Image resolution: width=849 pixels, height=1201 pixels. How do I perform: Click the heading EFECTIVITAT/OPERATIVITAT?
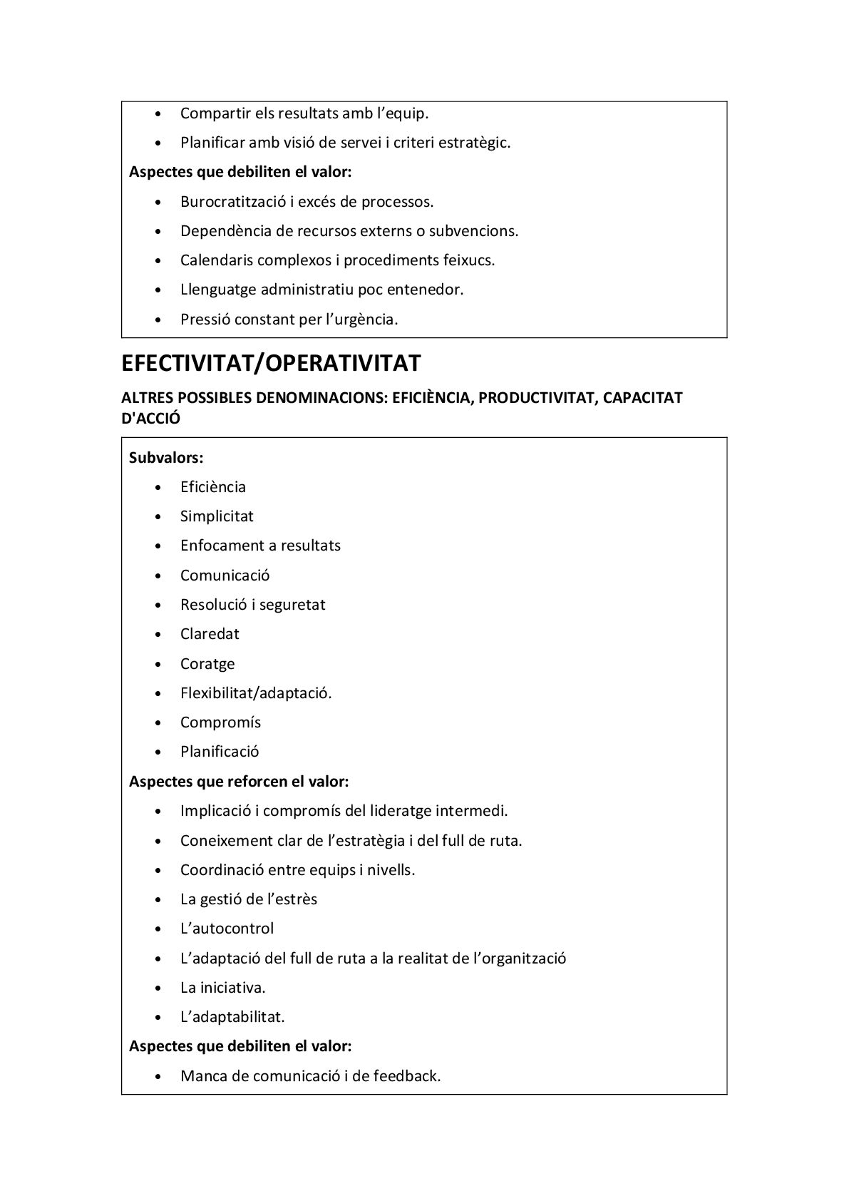pos(271,364)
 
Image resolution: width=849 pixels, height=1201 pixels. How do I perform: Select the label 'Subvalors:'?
pos(166,458)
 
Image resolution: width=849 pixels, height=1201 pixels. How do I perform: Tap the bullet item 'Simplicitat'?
pos(217,516)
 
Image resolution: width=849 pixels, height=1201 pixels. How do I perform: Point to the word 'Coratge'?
pos(207,664)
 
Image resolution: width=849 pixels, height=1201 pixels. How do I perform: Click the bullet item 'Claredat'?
pos(210,634)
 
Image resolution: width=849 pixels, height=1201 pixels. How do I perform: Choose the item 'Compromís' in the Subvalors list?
pos(220,722)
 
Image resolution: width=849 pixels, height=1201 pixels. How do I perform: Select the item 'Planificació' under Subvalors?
pos(220,752)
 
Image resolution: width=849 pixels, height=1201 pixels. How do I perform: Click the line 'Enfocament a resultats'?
pos(260,546)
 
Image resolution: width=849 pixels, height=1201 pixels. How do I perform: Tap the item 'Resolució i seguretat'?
pos(252,605)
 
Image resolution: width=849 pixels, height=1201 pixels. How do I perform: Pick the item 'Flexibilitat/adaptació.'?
pos(256,693)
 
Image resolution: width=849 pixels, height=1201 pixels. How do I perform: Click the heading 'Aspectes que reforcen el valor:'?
pos(239,782)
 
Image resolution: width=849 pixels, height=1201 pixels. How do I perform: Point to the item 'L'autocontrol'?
pos(227,929)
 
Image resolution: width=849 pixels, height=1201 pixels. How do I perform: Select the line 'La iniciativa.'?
pos(222,988)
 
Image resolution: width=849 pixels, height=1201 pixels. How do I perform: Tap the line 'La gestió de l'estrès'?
pos(249,899)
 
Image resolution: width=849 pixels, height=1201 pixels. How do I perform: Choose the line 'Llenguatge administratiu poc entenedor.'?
pos(321,290)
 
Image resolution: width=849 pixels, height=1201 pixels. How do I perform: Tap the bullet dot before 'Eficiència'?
pos(158,488)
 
